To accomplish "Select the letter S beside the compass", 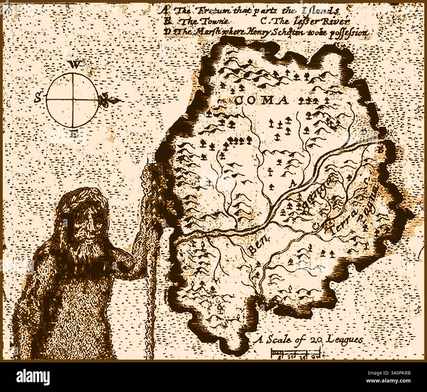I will pos(39,97).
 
